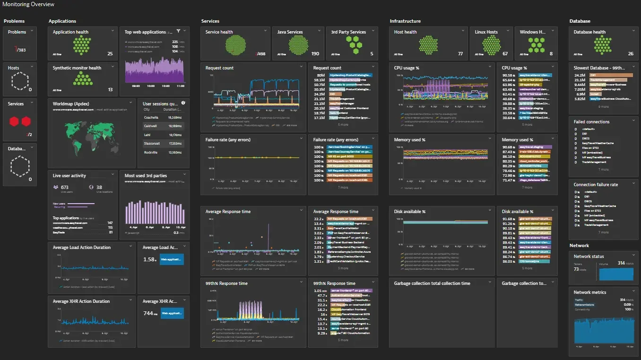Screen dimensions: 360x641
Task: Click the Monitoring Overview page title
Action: click(x=28, y=4)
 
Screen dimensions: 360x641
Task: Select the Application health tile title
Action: click(x=70, y=32)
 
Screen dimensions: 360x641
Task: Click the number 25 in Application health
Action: click(x=110, y=54)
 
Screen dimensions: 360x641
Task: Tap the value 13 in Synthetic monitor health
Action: click(x=110, y=90)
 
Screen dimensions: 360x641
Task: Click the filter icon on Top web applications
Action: click(x=178, y=32)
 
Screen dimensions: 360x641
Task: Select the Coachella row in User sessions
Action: click(x=151, y=117)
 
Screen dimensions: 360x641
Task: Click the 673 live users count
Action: click(x=65, y=188)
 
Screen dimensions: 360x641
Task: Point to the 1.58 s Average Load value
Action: click(x=149, y=259)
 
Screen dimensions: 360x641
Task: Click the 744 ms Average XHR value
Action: click(x=148, y=313)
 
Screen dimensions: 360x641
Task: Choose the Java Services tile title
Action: click(x=290, y=32)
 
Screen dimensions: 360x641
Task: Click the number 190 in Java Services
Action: click(x=315, y=54)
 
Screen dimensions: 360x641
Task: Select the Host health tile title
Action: click(x=406, y=32)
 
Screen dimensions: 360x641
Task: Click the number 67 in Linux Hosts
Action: click(x=505, y=54)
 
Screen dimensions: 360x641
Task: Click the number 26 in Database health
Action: click(x=631, y=54)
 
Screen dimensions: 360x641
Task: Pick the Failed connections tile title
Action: click(x=591, y=122)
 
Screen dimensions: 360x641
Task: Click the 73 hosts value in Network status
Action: click(x=576, y=269)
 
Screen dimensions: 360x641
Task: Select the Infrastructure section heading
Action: click(x=405, y=21)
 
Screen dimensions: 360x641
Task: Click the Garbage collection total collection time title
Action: click(x=432, y=283)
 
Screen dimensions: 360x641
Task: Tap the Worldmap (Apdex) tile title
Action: click(x=71, y=103)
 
